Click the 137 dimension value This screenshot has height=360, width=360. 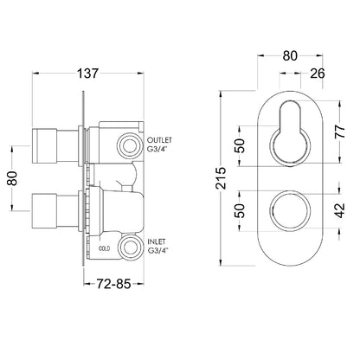click(87, 74)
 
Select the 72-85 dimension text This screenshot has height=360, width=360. click(113, 284)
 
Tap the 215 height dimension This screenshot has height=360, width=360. click(222, 178)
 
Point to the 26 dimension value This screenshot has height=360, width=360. click(318, 74)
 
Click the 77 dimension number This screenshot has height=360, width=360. click(340, 132)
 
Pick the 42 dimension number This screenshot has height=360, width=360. click(340, 210)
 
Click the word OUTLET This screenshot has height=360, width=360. click(159, 140)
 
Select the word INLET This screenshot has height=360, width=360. click(157, 241)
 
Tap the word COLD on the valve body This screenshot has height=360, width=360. click(104, 248)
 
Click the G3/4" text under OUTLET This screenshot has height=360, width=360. click(157, 150)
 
